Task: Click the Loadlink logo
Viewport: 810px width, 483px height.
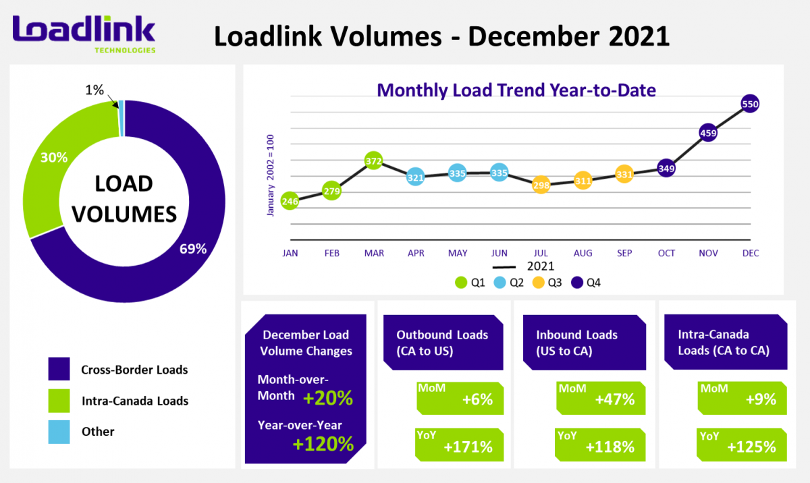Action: point(84,33)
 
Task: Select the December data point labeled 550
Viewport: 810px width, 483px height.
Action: point(750,104)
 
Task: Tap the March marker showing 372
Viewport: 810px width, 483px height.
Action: point(374,161)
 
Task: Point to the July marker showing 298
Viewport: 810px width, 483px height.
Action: point(541,184)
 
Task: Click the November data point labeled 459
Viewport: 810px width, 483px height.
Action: point(708,134)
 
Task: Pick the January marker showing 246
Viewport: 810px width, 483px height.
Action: point(290,200)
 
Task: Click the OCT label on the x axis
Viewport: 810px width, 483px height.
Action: point(666,253)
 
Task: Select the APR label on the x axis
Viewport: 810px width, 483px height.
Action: point(416,253)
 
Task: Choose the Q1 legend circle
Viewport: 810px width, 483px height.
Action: point(462,283)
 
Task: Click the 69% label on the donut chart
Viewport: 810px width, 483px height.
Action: point(192,248)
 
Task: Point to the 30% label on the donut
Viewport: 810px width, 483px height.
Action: point(54,157)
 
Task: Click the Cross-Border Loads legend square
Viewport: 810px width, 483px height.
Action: point(59,369)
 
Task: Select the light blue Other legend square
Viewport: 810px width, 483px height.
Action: point(59,432)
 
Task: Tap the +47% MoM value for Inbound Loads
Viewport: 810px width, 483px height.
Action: point(614,399)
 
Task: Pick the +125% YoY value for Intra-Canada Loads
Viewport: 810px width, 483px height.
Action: point(751,447)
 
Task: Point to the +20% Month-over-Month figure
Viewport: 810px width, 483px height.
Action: point(328,398)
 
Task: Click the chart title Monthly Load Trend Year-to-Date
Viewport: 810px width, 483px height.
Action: point(516,90)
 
